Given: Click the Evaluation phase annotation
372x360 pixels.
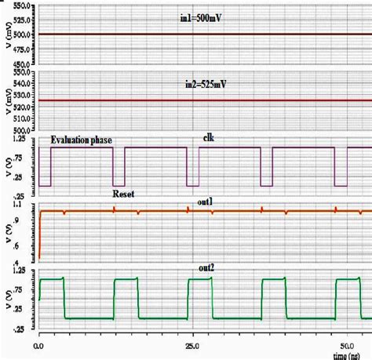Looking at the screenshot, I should pyautogui.click(x=82, y=140).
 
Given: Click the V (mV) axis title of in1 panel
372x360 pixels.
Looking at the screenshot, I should pyautogui.click(x=6, y=35).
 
